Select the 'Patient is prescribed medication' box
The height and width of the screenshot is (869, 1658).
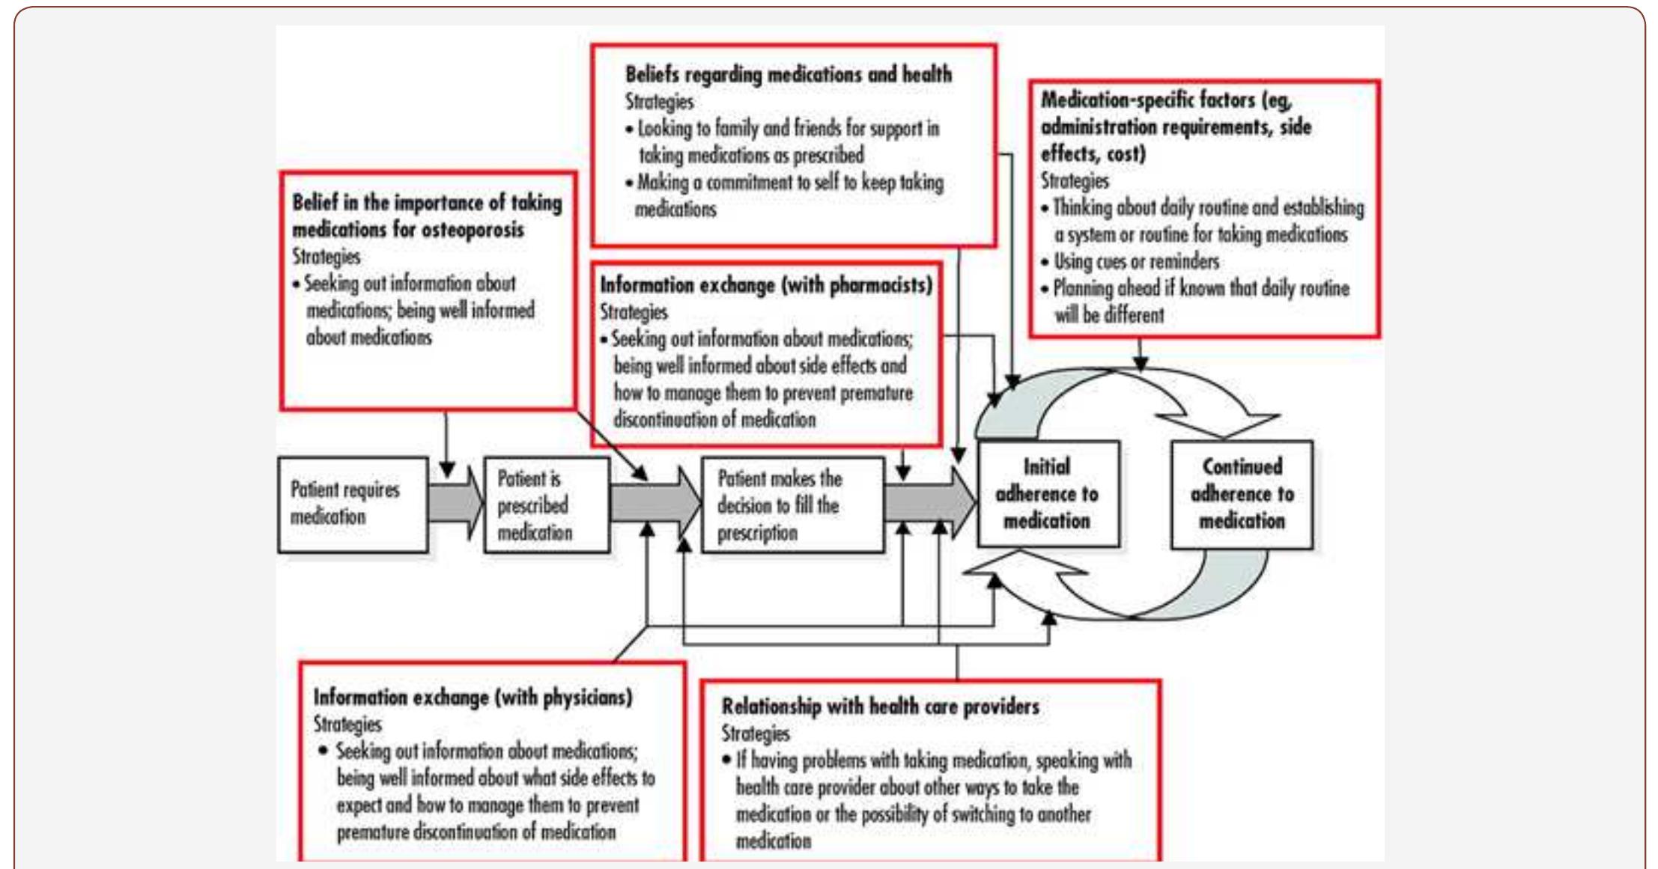tap(547, 505)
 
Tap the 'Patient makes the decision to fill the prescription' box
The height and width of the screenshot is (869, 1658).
tap(792, 505)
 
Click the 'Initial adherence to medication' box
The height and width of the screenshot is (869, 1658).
tap(1048, 494)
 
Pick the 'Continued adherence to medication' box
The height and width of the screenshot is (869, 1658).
tap(1242, 494)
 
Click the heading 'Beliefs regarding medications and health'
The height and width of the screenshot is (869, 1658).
tap(788, 75)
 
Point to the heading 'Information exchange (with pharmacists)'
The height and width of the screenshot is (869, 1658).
tap(765, 285)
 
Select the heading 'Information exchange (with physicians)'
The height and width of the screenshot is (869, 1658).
tap(473, 698)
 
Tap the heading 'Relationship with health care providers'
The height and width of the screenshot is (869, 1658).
tap(880, 707)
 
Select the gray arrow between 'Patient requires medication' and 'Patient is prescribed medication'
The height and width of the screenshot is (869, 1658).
tap(455, 503)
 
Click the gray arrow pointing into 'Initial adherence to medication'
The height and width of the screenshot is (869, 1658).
tap(930, 502)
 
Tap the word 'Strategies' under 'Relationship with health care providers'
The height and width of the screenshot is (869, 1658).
tap(755, 734)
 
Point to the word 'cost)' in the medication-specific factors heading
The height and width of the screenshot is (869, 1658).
tap(1124, 154)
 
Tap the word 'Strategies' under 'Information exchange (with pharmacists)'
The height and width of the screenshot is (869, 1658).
tap(634, 312)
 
